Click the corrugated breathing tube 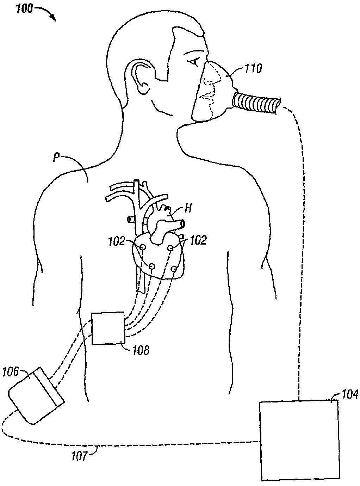tap(257, 103)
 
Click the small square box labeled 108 tap(108, 328)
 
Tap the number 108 tap(141, 350)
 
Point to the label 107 tap(78, 456)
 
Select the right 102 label tap(198, 240)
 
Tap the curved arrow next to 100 tap(46, 13)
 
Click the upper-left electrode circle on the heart tap(143, 247)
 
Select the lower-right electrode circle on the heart tap(174, 270)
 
